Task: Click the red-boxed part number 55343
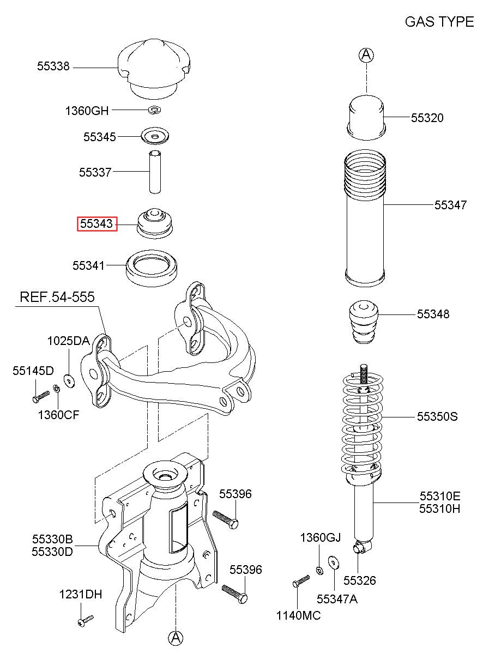[x=97, y=223]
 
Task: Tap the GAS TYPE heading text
[x=439, y=22]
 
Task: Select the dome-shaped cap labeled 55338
[x=154, y=68]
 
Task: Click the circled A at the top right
[x=367, y=55]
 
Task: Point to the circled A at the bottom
[x=176, y=637]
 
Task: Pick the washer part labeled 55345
[x=155, y=136]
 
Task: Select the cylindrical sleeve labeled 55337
[x=154, y=171]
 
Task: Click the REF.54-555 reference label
[x=57, y=298]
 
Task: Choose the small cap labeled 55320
[x=367, y=115]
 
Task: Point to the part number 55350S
[x=437, y=417]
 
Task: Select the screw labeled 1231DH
[x=86, y=620]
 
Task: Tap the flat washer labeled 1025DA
[x=69, y=380]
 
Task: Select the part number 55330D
[x=52, y=551]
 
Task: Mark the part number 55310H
[x=440, y=508]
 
